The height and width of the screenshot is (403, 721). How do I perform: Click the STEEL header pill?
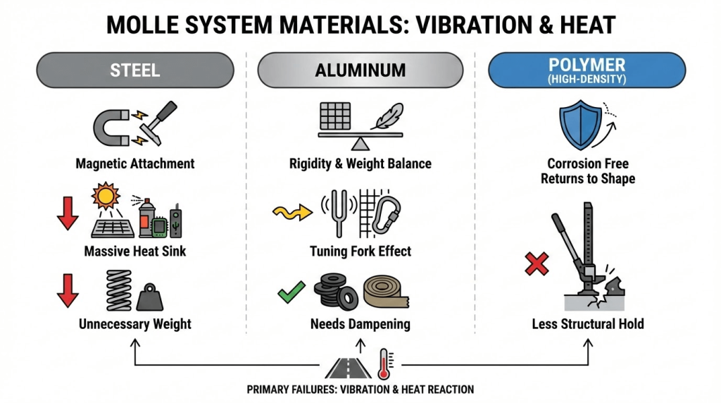[x=135, y=70]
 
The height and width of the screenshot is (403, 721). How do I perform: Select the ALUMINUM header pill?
[x=360, y=70]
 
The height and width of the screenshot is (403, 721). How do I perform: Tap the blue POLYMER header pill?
[x=587, y=70]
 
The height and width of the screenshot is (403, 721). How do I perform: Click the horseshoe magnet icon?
[x=112, y=128]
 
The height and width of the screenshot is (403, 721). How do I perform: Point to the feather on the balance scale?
[x=387, y=116]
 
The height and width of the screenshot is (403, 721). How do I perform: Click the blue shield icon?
[x=580, y=125]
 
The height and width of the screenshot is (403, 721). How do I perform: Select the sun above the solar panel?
[x=106, y=196]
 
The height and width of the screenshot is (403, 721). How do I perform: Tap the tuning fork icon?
[x=339, y=213]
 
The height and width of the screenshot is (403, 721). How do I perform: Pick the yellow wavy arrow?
[x=292, y=212]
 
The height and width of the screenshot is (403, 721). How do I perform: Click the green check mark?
[x=291, y=292]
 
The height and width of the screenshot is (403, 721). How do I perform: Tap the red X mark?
[x=537, y=263]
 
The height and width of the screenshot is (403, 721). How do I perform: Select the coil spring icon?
[x=118, y=290]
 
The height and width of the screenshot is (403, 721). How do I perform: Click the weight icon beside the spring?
[x=150, y=297]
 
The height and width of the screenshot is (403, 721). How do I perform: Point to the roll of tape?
[x=385, y=292]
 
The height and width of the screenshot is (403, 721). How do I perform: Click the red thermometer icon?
[x=384, y=363]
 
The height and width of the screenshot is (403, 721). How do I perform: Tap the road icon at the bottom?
[x=348, y=368]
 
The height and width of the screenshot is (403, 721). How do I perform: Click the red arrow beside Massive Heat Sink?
[x=68, y=213]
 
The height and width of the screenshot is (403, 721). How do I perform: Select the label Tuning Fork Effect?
[x=360, y=252]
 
